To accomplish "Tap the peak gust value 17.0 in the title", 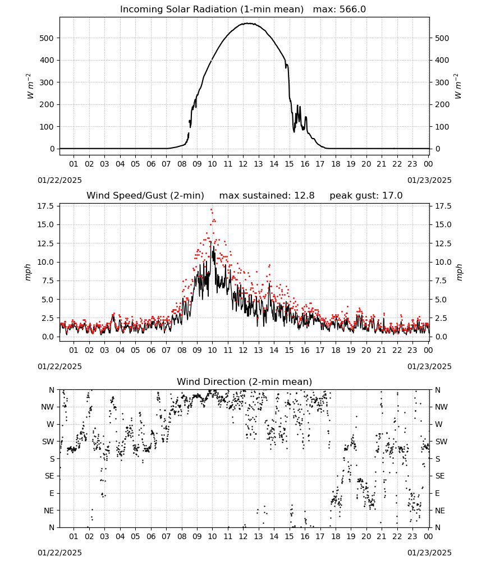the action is tap(393, 196).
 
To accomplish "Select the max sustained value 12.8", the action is tap(305, 196).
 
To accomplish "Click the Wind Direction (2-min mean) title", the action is tap(245, 381).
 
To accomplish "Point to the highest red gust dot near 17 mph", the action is tap(212, 210).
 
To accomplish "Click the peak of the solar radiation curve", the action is tap(248, 23).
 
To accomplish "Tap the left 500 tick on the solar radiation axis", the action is tap(47, 38).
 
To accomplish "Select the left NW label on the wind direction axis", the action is tap(48, 407).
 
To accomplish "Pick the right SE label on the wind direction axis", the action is tap(440, 476).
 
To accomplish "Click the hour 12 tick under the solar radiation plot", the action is tap(243, 164).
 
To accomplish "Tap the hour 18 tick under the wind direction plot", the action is tap(336, 536).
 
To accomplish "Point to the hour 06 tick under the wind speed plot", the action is tap(150, 350).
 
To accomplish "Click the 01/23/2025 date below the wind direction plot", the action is tap(429, 553).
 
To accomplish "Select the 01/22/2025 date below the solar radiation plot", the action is tap(59, 180).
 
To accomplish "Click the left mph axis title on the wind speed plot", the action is tap(28, 272).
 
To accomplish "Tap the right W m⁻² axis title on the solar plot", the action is tap(458, 86).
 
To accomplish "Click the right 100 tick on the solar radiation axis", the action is tap(442, 127).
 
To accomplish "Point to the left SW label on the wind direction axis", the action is tap(48, 442).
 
